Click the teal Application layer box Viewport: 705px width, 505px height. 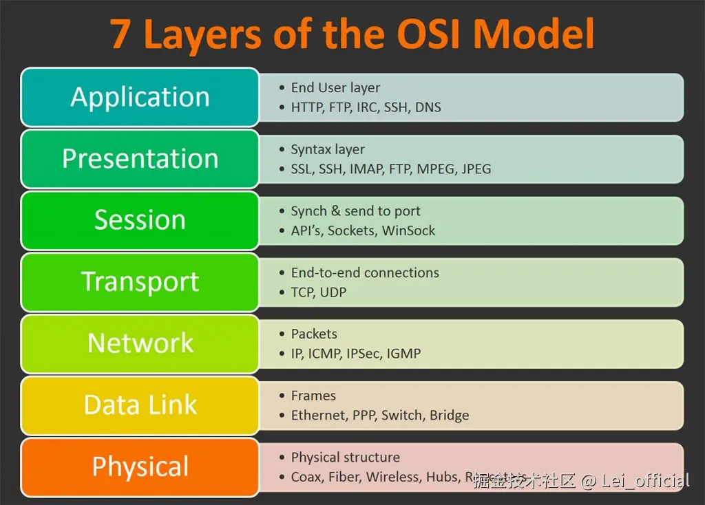140,97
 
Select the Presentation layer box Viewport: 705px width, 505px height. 140,158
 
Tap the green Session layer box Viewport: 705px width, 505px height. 140,220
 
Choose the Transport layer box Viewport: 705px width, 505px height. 140,281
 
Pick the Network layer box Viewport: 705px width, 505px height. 140,343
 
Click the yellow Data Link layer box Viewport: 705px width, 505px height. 140,405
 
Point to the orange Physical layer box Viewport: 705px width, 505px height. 140,466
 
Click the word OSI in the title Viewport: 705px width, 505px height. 423,34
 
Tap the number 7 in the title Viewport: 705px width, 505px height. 120,34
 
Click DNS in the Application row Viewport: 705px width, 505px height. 428,107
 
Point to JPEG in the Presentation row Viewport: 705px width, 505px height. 476,169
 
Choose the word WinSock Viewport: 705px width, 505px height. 408,230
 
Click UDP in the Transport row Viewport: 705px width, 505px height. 333,292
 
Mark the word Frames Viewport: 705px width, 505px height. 313,396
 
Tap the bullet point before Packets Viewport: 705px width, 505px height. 282,334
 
